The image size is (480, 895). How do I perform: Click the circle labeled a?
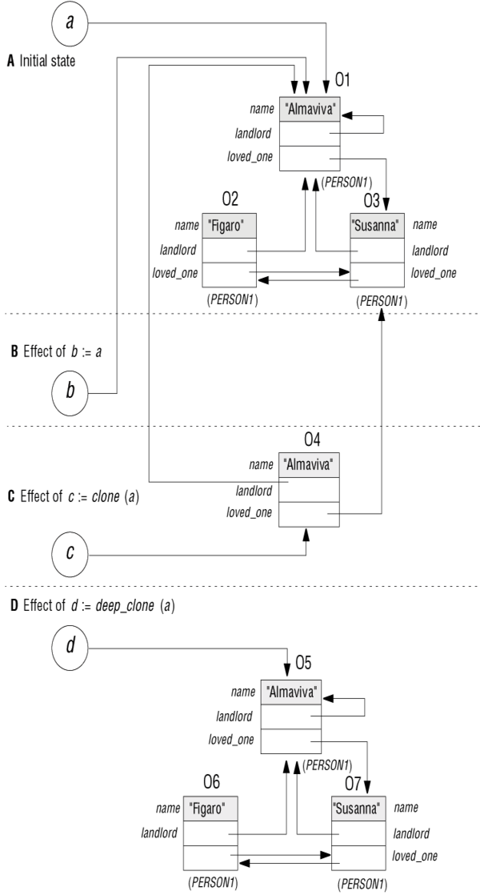pyautogui.click(x=70, y=24)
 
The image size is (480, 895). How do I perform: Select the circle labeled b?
pyautogui.click(x=70, y=393)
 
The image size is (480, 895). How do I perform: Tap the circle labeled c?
pyautogui.click(x=70, y=554)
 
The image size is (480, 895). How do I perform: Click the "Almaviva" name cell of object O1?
pyautogui.click(x=310, y=110)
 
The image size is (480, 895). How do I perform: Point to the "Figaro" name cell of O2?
pyautogui.click(x=229, y=226)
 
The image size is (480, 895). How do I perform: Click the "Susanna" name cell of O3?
pyautogui.click(x=378, y=226)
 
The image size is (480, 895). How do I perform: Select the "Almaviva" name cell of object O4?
pyautogui.click(x=309, y=465)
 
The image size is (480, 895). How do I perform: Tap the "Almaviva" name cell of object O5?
pyautogui.click(x=290, y=692)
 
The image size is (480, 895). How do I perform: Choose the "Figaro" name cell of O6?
pyautogui.click(x=210, y=809)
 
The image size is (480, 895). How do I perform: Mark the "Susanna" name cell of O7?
pyautogui.click(x=358, y=809)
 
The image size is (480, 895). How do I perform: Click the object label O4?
pyautogui.click(x=312, y=440)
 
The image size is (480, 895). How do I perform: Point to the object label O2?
pyautogui.click(x=230, y=199)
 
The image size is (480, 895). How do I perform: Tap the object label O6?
pyautogui.click(x=211, y=781)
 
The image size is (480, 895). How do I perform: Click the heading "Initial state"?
pyautogui.click(x=47, y=61)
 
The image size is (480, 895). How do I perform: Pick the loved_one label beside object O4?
pyautogui.click(x=249, y=512)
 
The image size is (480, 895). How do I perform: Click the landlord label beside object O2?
pyautogui.click(x=178, y=250)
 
